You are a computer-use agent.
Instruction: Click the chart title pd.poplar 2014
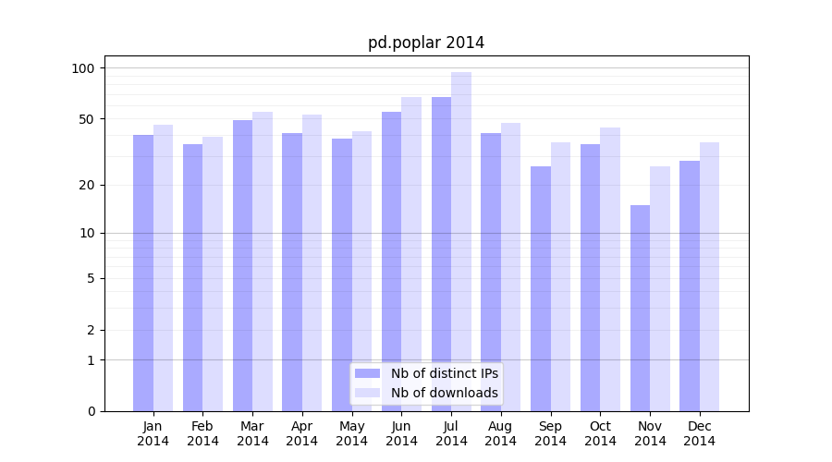coord(426,43)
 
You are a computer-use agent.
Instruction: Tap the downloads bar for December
coord(709,276)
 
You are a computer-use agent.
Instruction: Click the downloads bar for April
coord(312,262)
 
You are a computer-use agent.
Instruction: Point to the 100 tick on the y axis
coord(83,68)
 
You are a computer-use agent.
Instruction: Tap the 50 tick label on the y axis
coord(87,119)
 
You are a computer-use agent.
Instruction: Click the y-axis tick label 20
coord(87,185)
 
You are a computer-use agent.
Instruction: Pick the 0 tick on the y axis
coord(91,411)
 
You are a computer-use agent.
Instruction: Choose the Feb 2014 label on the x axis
coord(202,433)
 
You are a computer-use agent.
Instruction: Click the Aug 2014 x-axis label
coord(500,433)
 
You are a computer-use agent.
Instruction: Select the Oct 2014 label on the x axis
coord(600,433)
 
